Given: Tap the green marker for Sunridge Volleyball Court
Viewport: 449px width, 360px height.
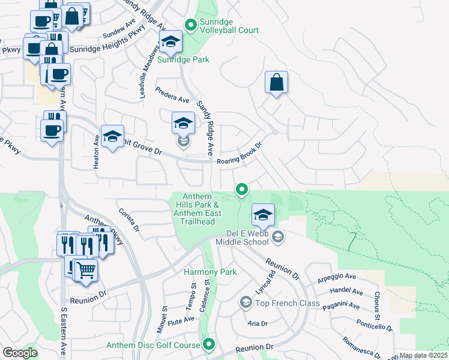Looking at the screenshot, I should click(x=191, y=25).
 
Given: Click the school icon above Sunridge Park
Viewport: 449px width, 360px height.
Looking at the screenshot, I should click(x=170, y=42).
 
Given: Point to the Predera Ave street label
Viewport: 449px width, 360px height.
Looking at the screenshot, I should click(x=172, y=94).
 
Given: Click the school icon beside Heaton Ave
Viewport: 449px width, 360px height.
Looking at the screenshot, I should click(x=112, y=137).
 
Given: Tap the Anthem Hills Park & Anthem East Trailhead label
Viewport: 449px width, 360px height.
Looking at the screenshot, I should click(x=197, y=209).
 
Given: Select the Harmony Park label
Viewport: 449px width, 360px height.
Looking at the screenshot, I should click(x=210, y=272).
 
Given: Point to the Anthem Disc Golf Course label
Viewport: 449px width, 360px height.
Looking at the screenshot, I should click(x=152, y=345).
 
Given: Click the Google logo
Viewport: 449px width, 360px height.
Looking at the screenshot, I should click(x=20, y=353).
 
